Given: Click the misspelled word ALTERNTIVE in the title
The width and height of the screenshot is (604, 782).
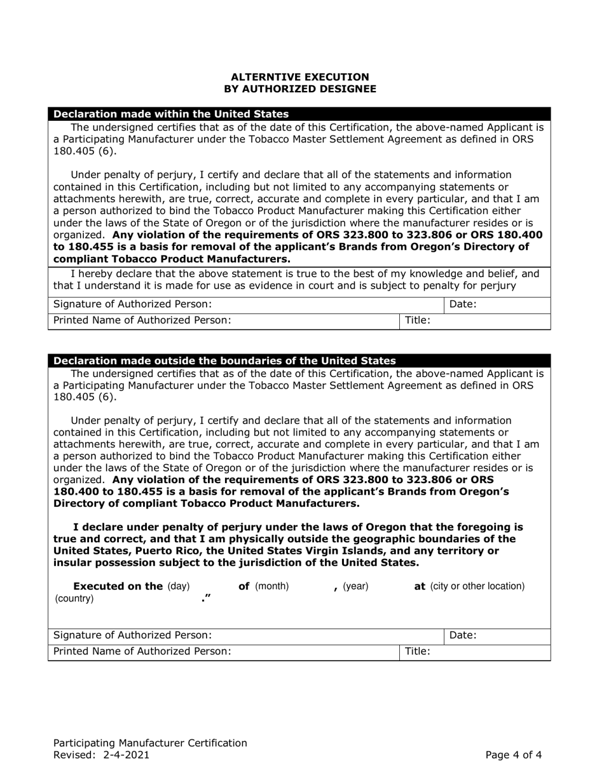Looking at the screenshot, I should [x=263, y=77].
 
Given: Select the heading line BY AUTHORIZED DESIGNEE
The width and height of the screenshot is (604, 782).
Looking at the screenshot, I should [x=300, y=89].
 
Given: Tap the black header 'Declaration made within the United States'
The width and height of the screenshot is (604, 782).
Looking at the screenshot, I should [x=171, y=114].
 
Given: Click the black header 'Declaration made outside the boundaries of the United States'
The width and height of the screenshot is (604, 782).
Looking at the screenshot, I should [x=224, y=360].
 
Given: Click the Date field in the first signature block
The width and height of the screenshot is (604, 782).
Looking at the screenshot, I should [x=498, y=305].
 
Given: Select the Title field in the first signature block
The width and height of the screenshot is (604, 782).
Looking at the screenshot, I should [x=476, y=321].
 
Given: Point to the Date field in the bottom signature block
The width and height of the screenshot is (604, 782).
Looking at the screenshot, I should [x=498, y=635].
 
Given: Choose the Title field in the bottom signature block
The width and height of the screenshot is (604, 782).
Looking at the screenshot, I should [x=476, y=652].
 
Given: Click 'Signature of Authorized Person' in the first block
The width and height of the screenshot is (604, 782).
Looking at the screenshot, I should [x=132, y=305].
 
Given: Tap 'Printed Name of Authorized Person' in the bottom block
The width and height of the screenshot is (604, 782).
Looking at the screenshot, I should [x=142, y=652].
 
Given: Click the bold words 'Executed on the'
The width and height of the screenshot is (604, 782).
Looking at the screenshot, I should [x=119, y=586].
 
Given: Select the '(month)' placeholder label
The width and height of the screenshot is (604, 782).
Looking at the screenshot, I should [x=272, y=586].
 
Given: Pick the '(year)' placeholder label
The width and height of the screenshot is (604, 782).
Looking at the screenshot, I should [x=355, y=586].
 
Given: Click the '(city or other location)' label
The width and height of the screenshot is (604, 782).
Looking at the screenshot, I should [x=477, y=586].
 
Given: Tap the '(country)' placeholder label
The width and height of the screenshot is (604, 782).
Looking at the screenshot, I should [x=74, y=599].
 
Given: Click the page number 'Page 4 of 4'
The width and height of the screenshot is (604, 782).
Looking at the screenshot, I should [x=514, y=755].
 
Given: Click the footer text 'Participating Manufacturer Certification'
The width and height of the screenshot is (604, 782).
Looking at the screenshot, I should [x=150, y=743].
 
